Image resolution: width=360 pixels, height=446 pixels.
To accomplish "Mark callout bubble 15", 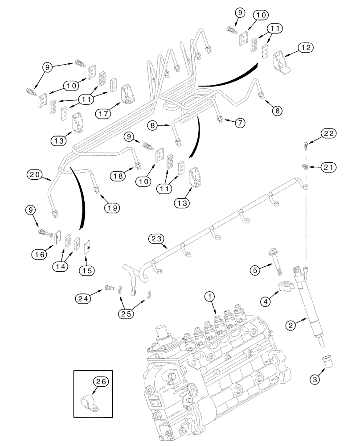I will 86,270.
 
